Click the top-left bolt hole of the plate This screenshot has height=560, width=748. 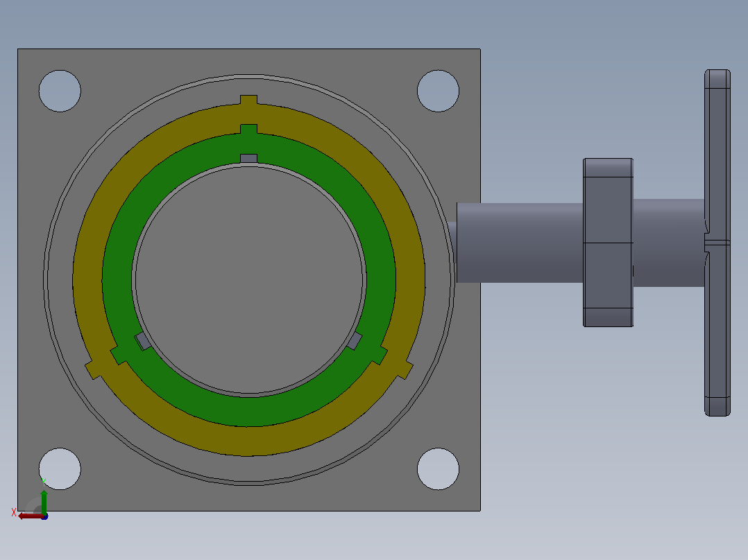60,91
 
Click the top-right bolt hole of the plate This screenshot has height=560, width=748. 438,91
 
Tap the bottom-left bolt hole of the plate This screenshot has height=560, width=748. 60,469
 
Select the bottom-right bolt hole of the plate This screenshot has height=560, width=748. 438,469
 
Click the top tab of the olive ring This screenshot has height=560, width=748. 248,100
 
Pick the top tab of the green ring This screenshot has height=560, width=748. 248,129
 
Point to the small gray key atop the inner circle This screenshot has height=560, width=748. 248,158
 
